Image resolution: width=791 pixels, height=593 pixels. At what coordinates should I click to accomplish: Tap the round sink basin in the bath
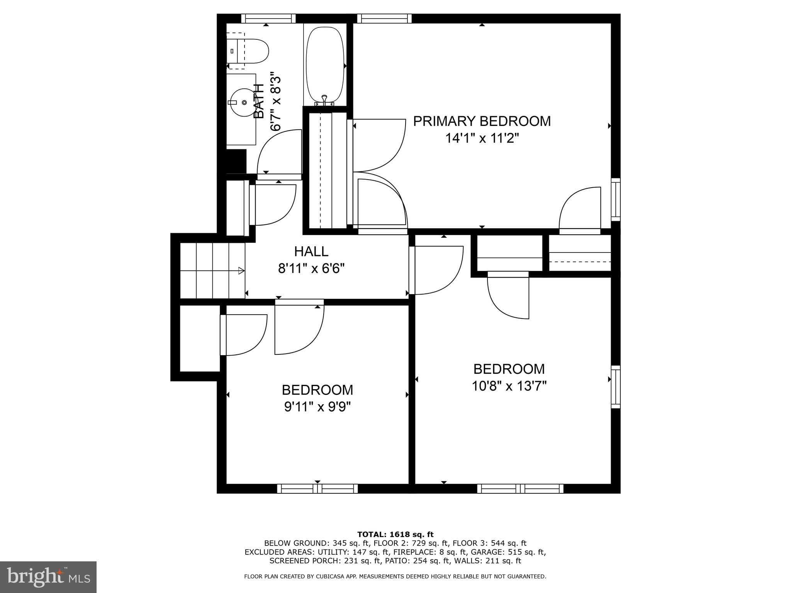243,102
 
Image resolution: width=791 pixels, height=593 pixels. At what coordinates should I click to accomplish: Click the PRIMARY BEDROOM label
482,121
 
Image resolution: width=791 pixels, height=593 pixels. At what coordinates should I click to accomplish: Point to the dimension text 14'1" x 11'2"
482,138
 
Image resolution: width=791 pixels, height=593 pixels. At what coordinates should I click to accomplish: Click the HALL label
311,252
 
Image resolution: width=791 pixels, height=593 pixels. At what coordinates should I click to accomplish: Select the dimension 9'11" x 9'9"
317,407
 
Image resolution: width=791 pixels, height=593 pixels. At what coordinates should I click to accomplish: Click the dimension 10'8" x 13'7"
509,386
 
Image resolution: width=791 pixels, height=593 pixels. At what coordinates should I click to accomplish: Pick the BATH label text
259,101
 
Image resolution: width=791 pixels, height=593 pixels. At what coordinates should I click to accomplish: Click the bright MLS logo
48,577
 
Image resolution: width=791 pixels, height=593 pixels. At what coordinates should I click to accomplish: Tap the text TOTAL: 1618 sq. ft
395,535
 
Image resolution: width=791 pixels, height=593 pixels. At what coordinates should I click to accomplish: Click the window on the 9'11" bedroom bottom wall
317,489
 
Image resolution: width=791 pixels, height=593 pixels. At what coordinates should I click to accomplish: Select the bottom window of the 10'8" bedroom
520,489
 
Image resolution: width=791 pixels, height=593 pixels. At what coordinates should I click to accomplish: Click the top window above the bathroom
268,19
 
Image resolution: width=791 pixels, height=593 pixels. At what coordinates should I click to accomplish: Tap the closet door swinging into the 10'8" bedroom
508,296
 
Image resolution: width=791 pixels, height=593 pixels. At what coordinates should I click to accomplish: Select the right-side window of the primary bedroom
616,200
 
